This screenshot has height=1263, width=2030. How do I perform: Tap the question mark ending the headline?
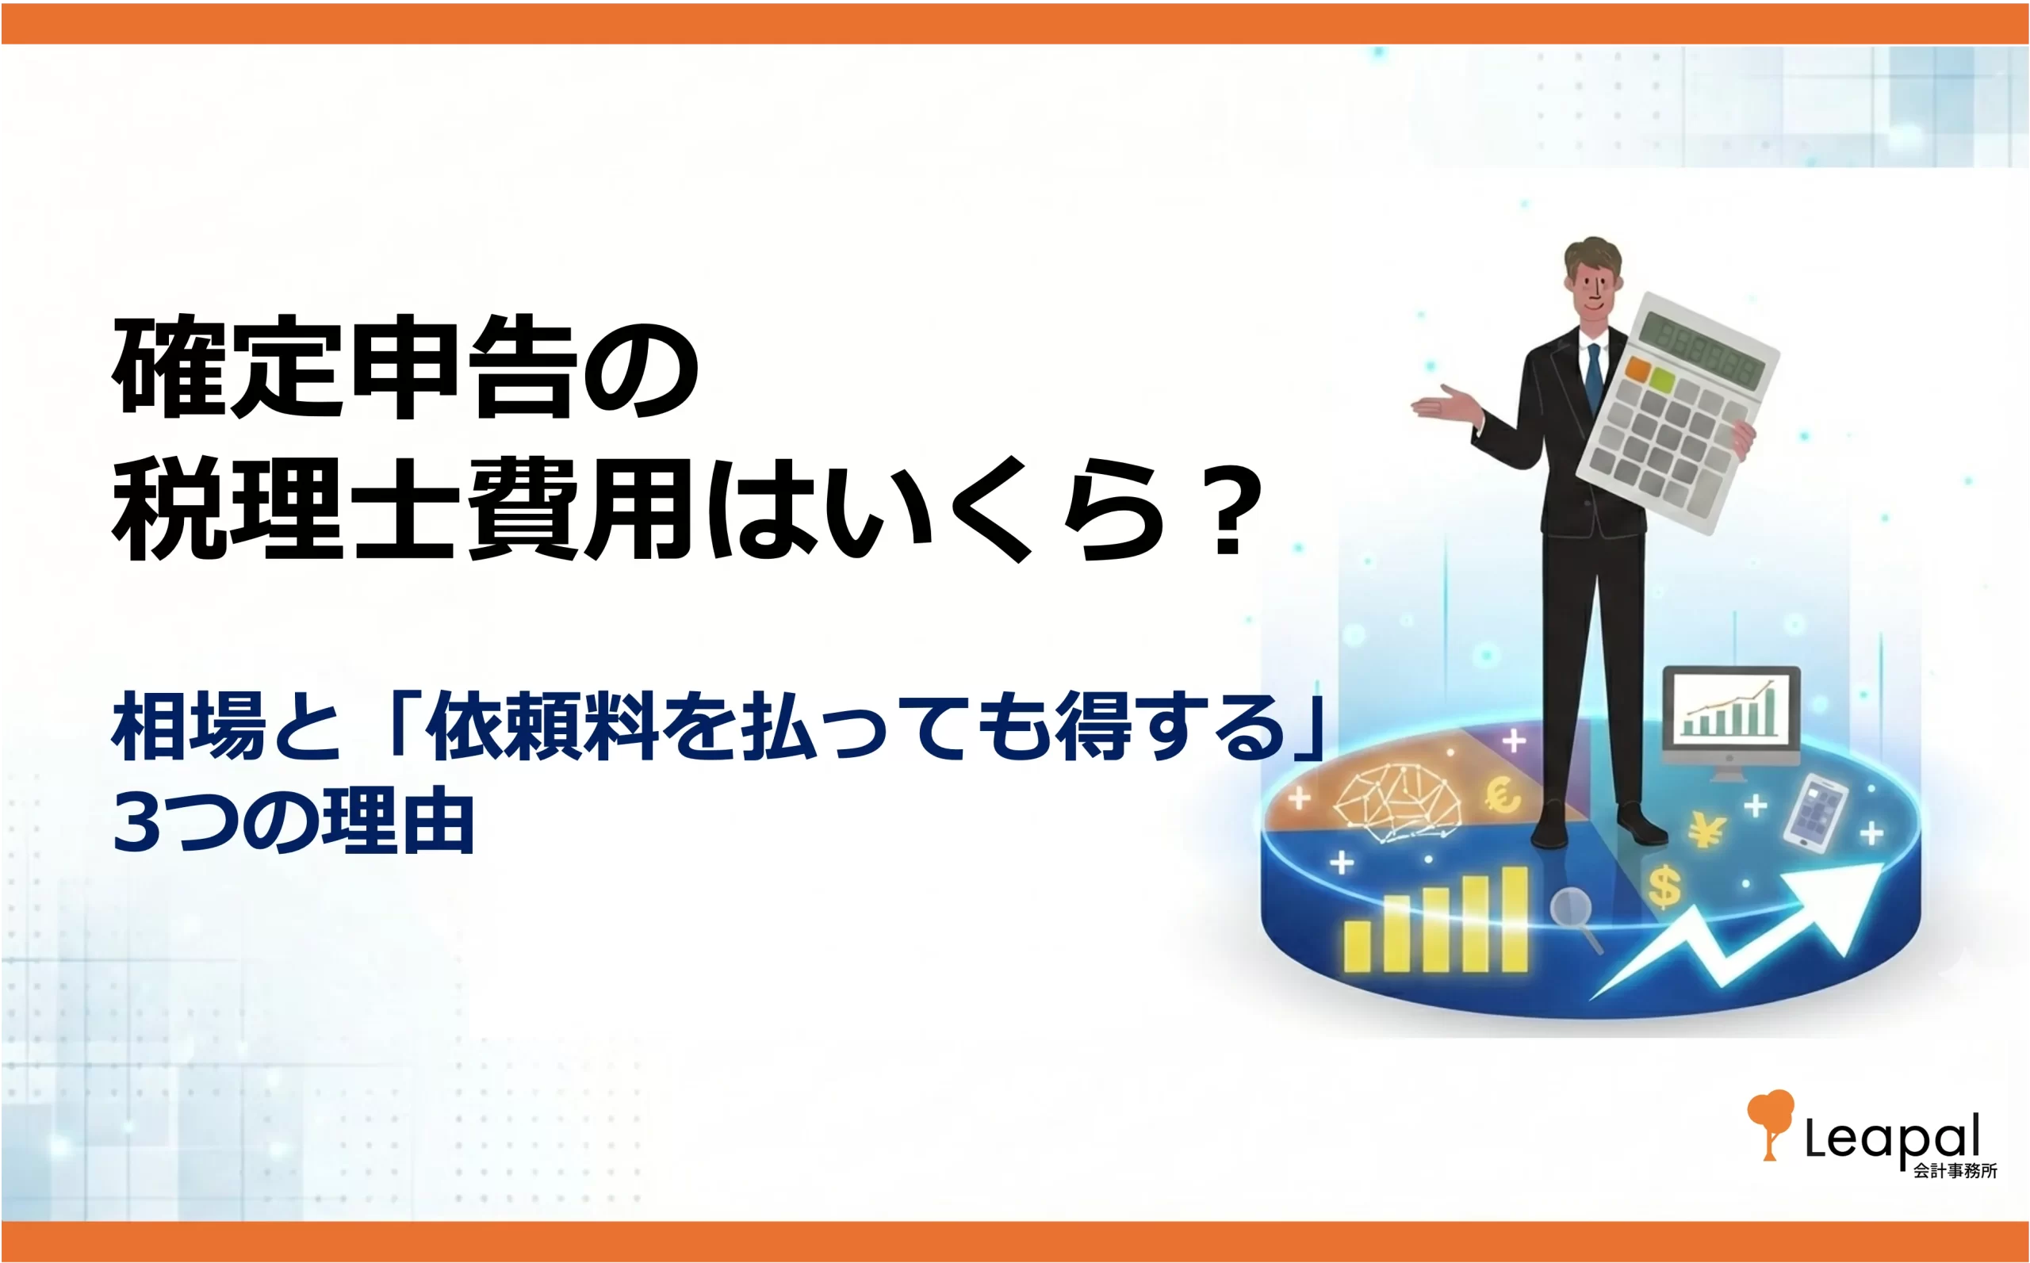(1228, 511)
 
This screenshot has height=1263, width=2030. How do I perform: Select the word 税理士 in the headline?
(285, 510)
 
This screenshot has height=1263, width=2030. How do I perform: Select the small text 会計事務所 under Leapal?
(1955, 1171)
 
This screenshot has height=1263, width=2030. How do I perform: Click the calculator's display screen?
(1703, 350)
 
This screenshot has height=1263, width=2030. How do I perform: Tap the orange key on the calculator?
(1638, 369)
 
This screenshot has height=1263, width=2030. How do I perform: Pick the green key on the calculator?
(1662, 381)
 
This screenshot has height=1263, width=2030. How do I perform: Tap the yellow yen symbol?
(1706, 830)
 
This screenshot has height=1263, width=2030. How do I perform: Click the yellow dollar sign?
(1664, 887)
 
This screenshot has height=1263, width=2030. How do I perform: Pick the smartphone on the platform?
(1814, 813)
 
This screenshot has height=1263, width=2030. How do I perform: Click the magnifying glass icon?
(1575, 918)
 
